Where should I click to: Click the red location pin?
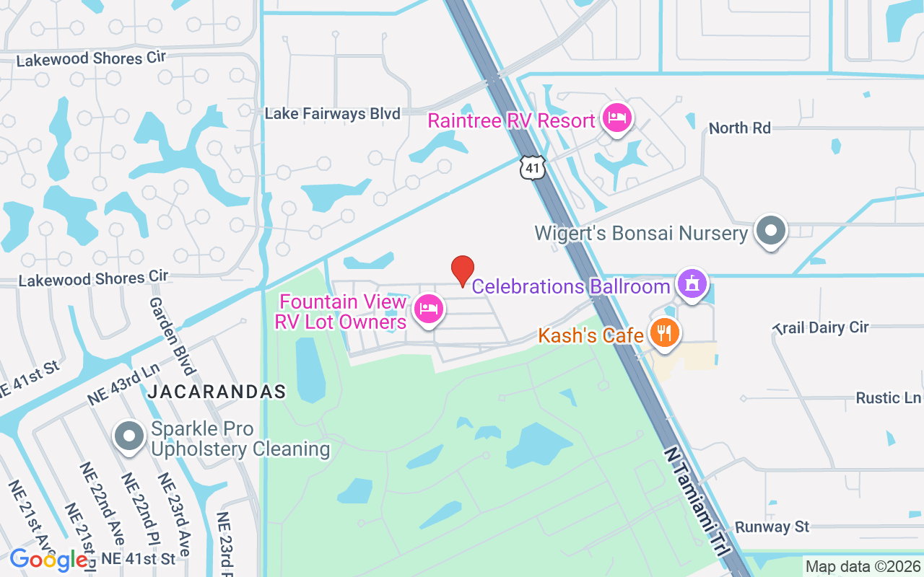coord(463,270)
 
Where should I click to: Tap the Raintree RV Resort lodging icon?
coord(616,118)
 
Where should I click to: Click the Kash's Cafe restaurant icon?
coord(663,333)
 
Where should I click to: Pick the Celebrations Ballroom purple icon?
coord(692,283)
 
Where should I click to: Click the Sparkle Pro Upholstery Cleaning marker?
coord(130,436)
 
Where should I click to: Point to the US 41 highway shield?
coord(531,168)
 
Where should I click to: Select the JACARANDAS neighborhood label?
coord(217,392)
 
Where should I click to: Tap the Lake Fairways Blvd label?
coord(332,114)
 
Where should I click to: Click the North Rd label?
coord(740,128)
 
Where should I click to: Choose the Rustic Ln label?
coord(888,398)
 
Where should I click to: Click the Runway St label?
coord(772,527)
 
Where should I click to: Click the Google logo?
coord(48,560)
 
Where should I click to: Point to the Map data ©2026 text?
coord(863,566)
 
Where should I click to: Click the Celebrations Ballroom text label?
coord(571,286)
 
